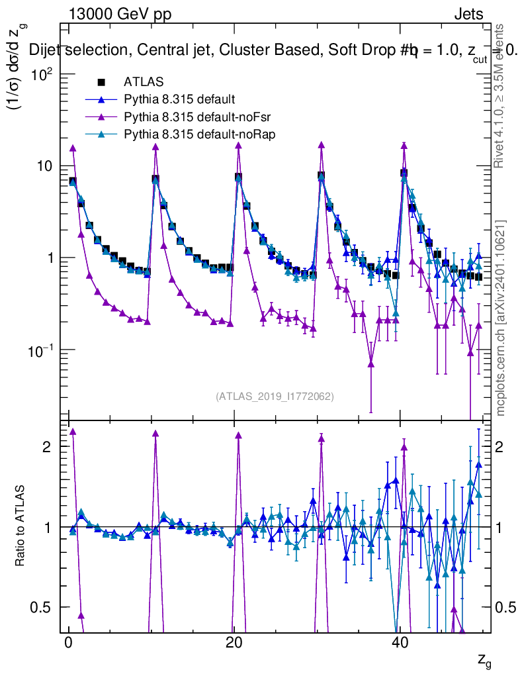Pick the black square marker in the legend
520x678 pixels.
pos(101,82)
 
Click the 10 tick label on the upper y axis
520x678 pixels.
pos(44,166)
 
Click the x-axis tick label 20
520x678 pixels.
pos(234,644)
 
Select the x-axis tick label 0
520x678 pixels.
pos(68,644)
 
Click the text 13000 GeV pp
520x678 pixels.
pos(120,14)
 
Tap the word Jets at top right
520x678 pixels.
pos(468,14)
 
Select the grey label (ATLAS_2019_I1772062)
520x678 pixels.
pos(274,396)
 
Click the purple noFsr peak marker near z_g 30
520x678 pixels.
pos(321,144)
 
